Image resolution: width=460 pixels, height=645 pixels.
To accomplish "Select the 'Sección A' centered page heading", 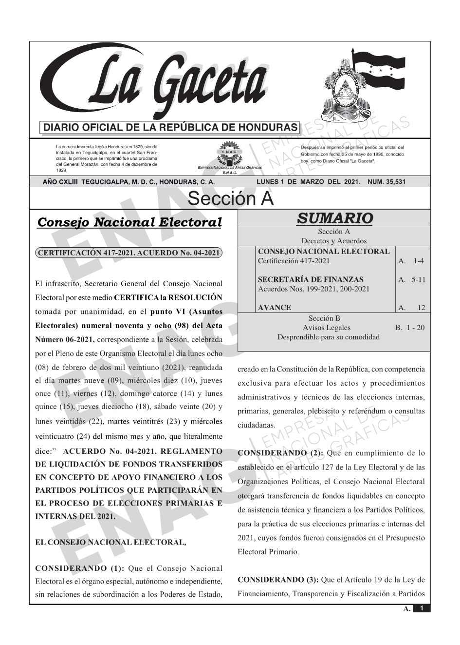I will pyautogui.click(x=230, y=199).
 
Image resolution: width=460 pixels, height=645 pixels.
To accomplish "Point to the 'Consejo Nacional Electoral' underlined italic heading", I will pyautogui.click(x=129, y=222).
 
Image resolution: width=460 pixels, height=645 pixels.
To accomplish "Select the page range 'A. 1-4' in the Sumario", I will pyautogui.click(x=411, y=261).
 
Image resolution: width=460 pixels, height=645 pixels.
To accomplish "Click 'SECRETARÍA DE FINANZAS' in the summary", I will pyautogui.click(x=310, y=280).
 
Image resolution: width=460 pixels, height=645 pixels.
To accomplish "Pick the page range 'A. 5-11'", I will pyautogui.click(x=411, y=280).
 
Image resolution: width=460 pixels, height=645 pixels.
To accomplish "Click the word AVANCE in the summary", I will pyautogui.click(x=274, y=308).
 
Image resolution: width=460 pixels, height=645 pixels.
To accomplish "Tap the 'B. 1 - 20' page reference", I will pyautogui.click(x=410, y=328).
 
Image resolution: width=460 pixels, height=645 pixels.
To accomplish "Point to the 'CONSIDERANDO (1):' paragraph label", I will pyautogui.click(x=80, y=568).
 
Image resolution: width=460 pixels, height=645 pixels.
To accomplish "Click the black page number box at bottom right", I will pyautogui.click(x=422, y=608).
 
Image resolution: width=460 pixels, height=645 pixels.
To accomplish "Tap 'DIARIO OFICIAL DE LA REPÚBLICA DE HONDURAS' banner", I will pyautogui.click(x=170, y=128).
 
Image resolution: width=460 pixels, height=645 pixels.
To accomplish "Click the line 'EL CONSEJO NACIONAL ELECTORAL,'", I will pyautogui.click(x=110, y=542).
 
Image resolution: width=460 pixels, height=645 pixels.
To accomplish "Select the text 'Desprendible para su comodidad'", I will pyautogui.click(x=328, y=337).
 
